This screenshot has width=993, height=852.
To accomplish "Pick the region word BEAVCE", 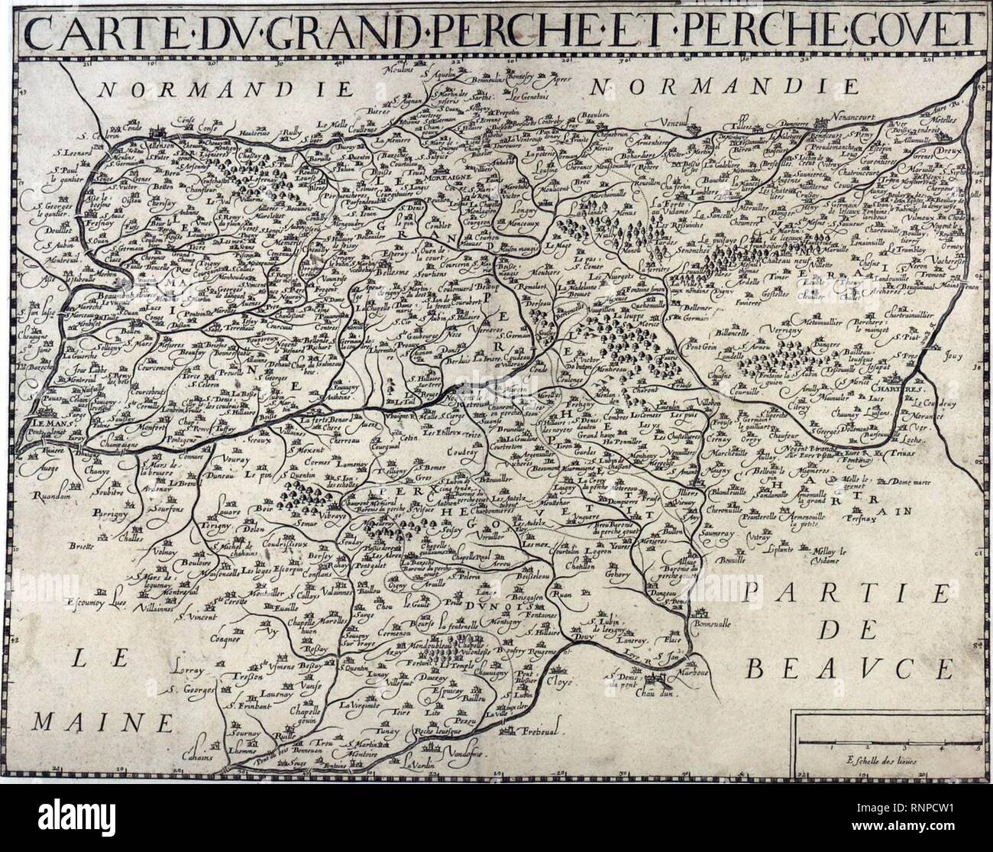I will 850,669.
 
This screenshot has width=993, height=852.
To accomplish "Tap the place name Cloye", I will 581,677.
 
